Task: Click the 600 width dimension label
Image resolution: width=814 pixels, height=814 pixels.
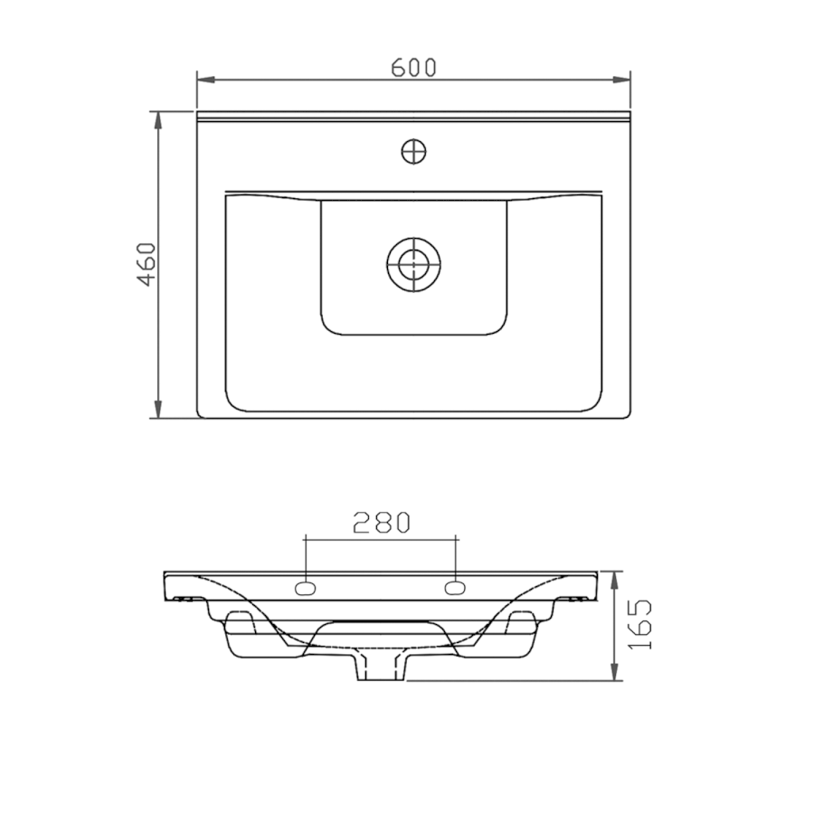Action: pos(413,68)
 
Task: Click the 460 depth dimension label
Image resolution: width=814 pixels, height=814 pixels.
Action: pos(147,264)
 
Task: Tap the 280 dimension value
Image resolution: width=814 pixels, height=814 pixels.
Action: pos(382,523)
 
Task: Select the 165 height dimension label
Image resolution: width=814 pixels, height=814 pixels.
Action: pos(640,624)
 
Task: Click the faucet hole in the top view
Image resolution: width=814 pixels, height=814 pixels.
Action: pos(413,152)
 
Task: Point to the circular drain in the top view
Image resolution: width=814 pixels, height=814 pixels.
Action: pos(413,264)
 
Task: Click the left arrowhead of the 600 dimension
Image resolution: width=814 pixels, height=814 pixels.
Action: pos(206,80)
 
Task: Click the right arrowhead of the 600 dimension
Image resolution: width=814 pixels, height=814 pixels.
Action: pos(621,80)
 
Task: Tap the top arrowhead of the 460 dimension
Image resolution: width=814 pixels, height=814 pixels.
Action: pos(158,120)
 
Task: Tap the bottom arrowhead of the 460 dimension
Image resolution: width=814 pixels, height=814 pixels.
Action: pos(158,409)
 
